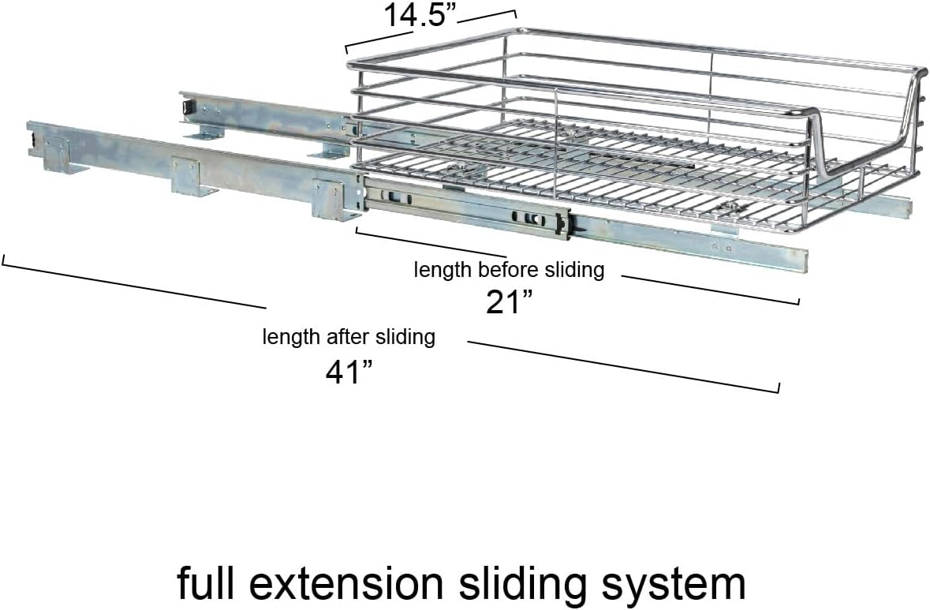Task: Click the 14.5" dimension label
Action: coord(421,14)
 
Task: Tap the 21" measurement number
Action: coord(510,301)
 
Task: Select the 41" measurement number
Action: coord(349,372)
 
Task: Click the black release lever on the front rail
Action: coord(573,224)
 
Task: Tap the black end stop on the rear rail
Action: coord(188,107)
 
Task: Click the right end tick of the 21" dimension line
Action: coord(798,300)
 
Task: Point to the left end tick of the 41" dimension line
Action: coord(4,260)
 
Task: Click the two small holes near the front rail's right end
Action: coord(722,248)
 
